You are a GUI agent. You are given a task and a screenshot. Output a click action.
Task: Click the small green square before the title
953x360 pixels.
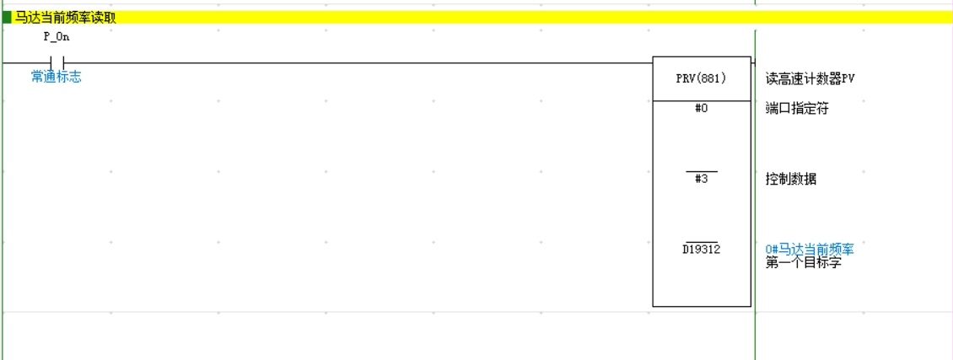[x=7, y=17]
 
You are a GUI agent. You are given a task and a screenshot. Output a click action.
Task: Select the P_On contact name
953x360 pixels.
[x=56, y=38]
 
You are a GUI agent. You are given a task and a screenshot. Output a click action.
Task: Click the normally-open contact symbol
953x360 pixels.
[x=57, y=62]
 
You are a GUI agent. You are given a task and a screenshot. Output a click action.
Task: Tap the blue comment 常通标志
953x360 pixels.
[x=57, y=78]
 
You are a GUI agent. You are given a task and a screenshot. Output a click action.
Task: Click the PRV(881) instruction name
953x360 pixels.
[x=701, y=78]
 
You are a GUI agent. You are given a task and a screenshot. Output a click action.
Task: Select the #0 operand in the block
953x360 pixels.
[x=701, y=108]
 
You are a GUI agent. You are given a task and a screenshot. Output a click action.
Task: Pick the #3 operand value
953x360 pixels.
[x=701, y=179]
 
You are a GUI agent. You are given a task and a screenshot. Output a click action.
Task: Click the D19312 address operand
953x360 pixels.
[x=701, y=250]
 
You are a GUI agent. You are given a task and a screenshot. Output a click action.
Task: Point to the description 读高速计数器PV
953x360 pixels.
[x=810, y=78]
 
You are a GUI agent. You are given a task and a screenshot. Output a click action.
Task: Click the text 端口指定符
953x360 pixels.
[x=797, y=108]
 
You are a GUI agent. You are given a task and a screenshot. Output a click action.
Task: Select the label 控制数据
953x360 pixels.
[x=790, y=179]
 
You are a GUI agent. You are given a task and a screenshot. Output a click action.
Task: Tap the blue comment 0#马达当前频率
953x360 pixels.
[x=810, y=250]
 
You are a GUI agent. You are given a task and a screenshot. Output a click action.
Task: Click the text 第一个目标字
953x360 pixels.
[x=803, y=262]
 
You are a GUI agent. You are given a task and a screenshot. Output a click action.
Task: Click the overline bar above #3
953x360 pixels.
[x=701, y=172]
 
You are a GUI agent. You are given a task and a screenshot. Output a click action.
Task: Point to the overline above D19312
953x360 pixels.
[x=701, y=242]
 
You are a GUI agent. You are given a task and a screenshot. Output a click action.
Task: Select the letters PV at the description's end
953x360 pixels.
[x=848, y=78]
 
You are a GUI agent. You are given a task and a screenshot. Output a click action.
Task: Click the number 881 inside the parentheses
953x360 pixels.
[x=709, y=78]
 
